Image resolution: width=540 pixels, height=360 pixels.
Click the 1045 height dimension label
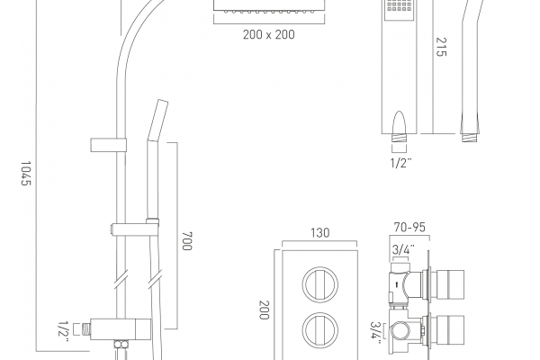26,174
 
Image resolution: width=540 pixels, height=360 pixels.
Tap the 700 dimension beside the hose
187,241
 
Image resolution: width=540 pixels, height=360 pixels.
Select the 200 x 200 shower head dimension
268,34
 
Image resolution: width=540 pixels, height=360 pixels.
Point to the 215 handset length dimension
441,47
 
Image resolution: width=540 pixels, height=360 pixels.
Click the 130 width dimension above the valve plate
319,233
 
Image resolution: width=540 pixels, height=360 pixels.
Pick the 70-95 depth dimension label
409,227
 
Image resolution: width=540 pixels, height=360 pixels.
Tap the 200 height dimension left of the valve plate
264,310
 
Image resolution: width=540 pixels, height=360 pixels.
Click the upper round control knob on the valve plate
319,284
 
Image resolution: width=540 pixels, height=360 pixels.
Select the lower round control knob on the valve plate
319,330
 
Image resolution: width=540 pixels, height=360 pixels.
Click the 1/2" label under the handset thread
400,163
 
